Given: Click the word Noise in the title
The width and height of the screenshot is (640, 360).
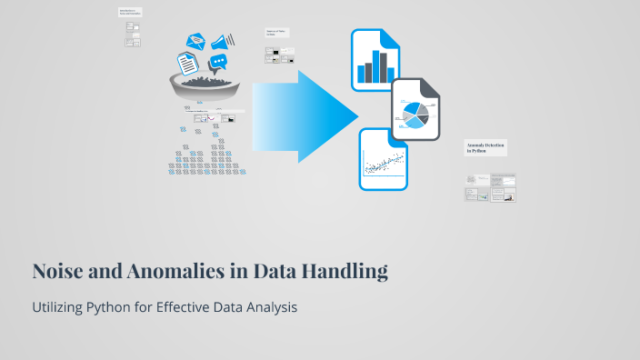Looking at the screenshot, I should pos(56,271).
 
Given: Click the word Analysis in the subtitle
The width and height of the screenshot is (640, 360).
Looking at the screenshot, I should pos(272,307).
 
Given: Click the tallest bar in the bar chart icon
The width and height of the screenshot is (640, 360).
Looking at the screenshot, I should pos(383,65).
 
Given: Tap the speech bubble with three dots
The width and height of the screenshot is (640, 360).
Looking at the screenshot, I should pos(217,63).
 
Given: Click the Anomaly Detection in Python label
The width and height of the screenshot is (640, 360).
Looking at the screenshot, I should pos(485,148).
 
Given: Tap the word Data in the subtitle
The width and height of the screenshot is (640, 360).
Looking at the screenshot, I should pos(225,307).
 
